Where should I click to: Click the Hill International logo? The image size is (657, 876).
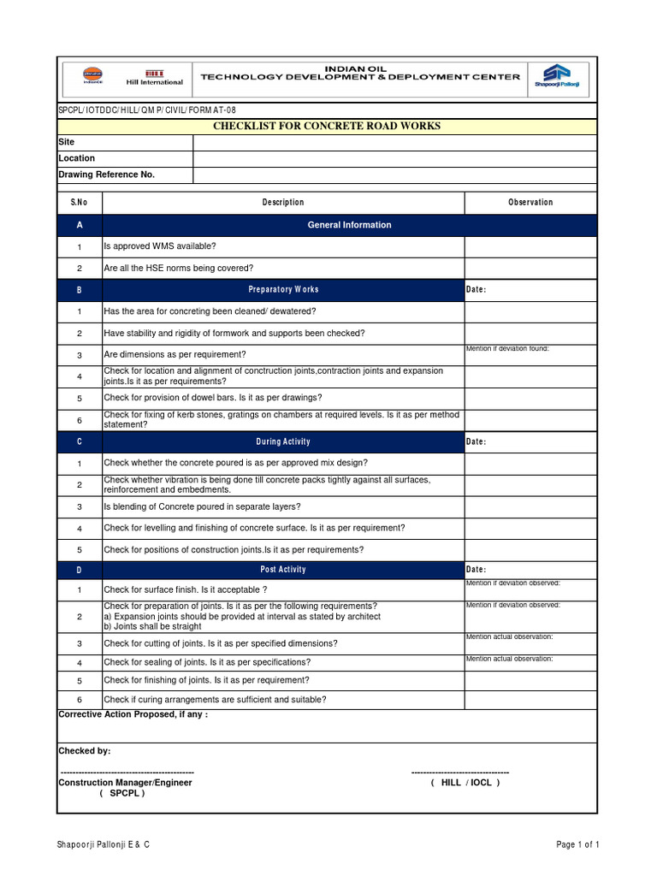tap(155, 78)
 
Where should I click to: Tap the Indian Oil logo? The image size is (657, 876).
tap(92, 77)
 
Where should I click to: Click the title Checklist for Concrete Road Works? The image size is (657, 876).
tap(327, 127)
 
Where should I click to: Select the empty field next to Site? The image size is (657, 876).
tap(394, 142)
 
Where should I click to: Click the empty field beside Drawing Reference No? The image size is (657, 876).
tap(394, 175)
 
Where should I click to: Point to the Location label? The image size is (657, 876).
tap(77, 158)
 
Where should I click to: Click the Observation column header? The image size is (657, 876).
tap(530, 203)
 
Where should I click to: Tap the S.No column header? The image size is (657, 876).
tap(79, 203)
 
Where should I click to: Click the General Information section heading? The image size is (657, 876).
tap(349, 225)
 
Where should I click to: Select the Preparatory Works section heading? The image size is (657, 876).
tap(283, 290)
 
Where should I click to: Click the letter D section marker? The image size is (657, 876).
tap(79, 570)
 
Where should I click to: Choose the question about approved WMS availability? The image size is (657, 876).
tap(160, 246)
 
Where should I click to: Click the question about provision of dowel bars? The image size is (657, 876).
tap(213, 398)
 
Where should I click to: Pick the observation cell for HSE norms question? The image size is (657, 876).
tap(530, 269)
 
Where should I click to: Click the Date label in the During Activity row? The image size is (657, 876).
tap(476, 442)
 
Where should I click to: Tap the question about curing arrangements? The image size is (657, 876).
tap(215, 700)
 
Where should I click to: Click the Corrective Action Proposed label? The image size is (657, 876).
tap(133, 714)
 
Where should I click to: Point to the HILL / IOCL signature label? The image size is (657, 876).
tap(465, 783)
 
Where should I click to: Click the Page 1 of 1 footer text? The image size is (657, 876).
tap(577, 845)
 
